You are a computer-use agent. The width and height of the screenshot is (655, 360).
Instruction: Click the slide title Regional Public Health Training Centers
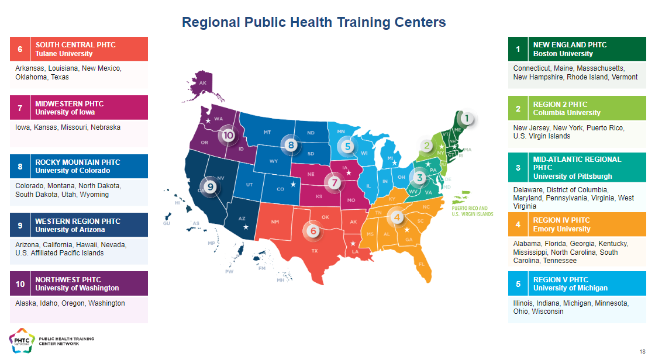click(x=313, y=22)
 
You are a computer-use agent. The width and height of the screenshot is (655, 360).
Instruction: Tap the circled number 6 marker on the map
click(x=313, y=231)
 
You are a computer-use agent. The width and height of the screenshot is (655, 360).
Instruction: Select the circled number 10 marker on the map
click(x=228, y=136)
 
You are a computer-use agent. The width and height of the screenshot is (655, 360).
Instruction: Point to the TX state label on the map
click(x=314, y=251)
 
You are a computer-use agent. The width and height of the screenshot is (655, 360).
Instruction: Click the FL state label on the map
click(x=421, y=264)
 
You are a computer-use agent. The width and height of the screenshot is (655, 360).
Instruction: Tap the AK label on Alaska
click(x=203, y=84)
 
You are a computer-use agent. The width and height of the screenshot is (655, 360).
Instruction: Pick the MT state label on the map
click(x=267, y=133)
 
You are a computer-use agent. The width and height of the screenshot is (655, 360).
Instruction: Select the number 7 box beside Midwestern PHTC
click(x=20, y=108)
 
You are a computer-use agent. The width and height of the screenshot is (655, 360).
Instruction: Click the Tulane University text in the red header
click(x=64, y=54)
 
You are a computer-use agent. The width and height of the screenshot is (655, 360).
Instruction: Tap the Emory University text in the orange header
click(x=561, y=229)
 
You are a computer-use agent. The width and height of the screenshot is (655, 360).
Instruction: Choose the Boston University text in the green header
click(x=563, y=54)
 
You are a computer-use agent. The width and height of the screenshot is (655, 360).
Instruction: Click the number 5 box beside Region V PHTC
click(x=518, y=284)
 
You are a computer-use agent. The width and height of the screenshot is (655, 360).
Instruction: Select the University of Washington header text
click(x=77, y=288)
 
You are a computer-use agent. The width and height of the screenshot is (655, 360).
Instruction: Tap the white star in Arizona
click(x=246, y=226)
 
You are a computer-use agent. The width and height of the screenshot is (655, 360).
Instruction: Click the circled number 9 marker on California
click(x=211, y=186)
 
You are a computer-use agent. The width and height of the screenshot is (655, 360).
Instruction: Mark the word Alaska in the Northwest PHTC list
click(x=26, y=303)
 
